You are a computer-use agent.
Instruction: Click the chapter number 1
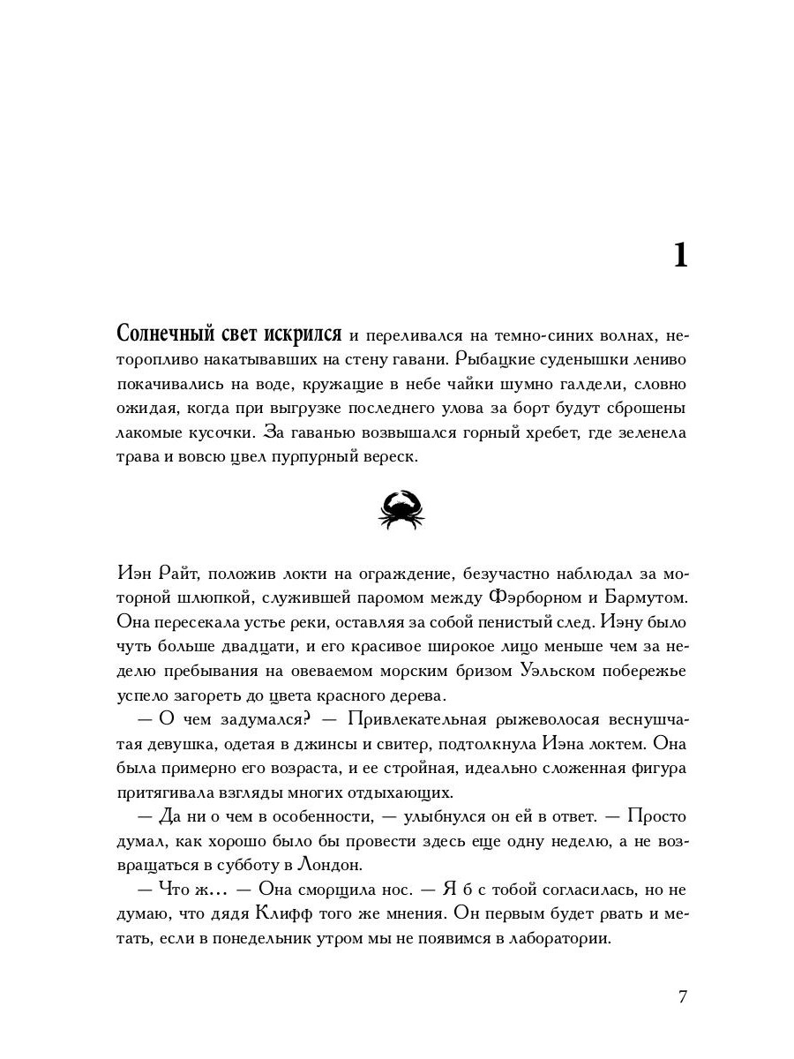[679, 256]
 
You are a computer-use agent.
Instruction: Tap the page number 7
[682, 996]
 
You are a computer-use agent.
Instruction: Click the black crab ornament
[401, 510]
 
